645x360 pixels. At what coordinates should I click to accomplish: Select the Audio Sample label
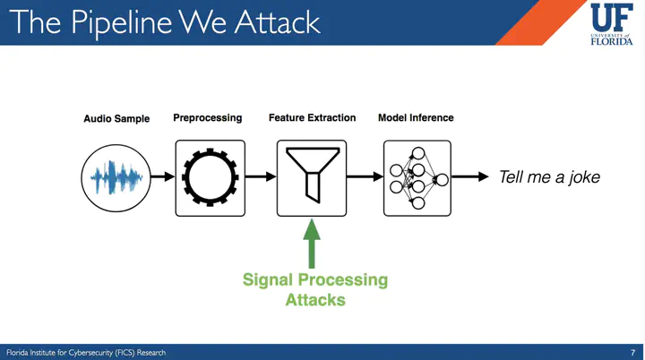[116, 118]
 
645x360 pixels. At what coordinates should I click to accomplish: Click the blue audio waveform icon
[116, 177]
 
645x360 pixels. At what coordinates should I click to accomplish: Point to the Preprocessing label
[207, 117]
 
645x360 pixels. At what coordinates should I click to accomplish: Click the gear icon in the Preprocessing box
[210, 177]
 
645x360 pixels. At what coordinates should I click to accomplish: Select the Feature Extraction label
[312, 117]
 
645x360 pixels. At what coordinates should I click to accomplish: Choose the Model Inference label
[416, 117]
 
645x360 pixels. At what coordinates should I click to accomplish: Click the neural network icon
[417, 177]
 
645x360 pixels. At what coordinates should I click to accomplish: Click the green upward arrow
[312, 243]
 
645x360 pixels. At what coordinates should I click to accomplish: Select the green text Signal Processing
[315, 279]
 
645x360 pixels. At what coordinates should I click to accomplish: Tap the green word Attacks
[315, 300]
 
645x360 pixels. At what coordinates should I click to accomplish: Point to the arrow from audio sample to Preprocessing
[161, 177]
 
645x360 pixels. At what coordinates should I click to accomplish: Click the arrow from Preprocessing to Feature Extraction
[261, 177]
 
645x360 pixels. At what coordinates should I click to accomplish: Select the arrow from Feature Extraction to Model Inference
[365, 177]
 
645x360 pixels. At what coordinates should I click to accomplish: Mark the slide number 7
[632, 352]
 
